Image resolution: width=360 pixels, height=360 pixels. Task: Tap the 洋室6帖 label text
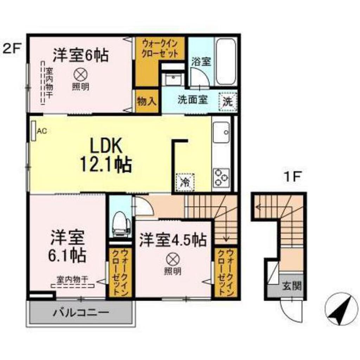click(81, 55)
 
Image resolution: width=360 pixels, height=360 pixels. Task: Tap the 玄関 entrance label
click(292, 287)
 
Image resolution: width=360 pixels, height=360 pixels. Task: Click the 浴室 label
click(201, 62)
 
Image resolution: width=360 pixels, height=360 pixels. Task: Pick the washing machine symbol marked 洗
click(228, 101)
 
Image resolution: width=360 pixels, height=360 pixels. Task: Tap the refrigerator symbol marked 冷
click(184, 182)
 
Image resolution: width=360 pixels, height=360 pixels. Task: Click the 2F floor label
click(12, 47)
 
